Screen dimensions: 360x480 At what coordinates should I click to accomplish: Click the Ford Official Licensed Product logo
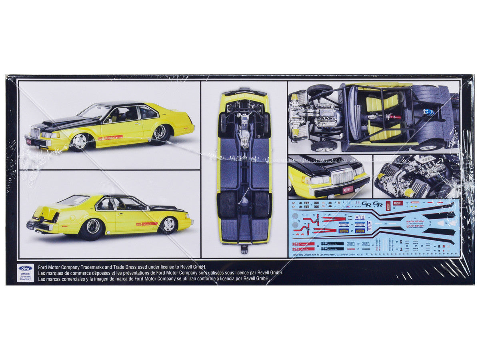(x=25, y=273)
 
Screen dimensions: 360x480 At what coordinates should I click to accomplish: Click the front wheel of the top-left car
(x=80, y=142)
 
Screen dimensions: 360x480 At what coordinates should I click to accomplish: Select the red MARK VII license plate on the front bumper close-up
(x=348, y=189)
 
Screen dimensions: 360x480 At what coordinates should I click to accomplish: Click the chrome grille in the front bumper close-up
(x=342, y=176)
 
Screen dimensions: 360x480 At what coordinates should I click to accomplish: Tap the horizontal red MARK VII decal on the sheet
(x=398, y=203)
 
